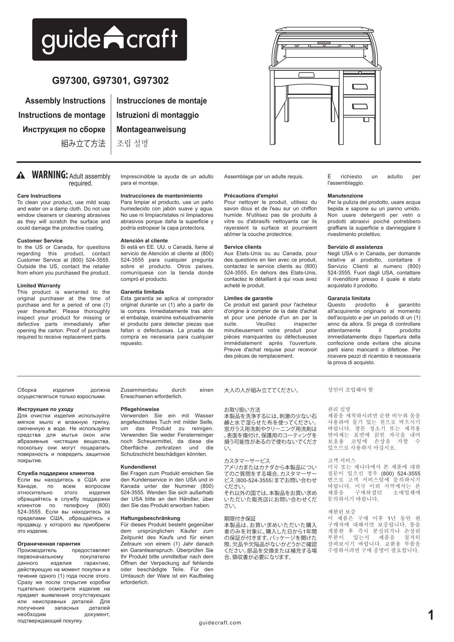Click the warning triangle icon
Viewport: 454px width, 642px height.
[x=21, y=175]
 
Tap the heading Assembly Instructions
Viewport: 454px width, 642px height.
[x=65, y=101]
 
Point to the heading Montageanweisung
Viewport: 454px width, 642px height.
[x=151, y=129]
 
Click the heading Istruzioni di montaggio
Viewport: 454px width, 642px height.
[x=157, y=115]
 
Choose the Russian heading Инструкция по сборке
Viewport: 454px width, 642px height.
[x=64, y=129]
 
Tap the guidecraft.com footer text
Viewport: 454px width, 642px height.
[x=220, y=623]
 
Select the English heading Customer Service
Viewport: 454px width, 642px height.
[x=40, y=241]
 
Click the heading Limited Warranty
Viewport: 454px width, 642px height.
[x=39, y=286]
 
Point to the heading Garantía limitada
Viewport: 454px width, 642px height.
[x=142, y=292]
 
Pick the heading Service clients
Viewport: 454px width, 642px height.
[x=242, y=247]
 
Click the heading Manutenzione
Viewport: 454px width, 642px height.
[x=345, y=196]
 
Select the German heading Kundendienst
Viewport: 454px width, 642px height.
[x=138, y=467]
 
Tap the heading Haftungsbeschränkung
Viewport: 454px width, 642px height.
[x=150, y=518]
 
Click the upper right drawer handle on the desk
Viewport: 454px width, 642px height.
[x=360, y=86]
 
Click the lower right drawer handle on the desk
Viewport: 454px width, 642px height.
[x=360, y=106]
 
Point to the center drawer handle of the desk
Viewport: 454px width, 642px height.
[x=306, y=75]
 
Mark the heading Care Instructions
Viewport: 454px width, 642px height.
[x=39, y=196]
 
